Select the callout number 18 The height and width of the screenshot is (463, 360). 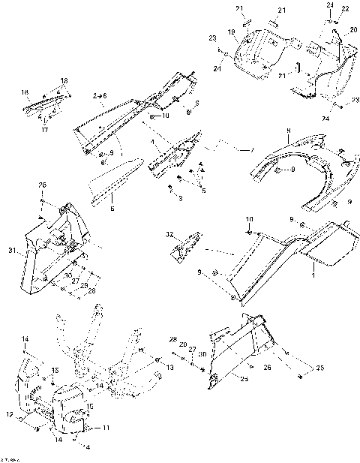pos(64,80)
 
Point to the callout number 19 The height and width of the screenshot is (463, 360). pos(232,32)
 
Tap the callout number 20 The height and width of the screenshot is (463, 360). pos(353,29)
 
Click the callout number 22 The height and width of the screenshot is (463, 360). pos(346,8)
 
